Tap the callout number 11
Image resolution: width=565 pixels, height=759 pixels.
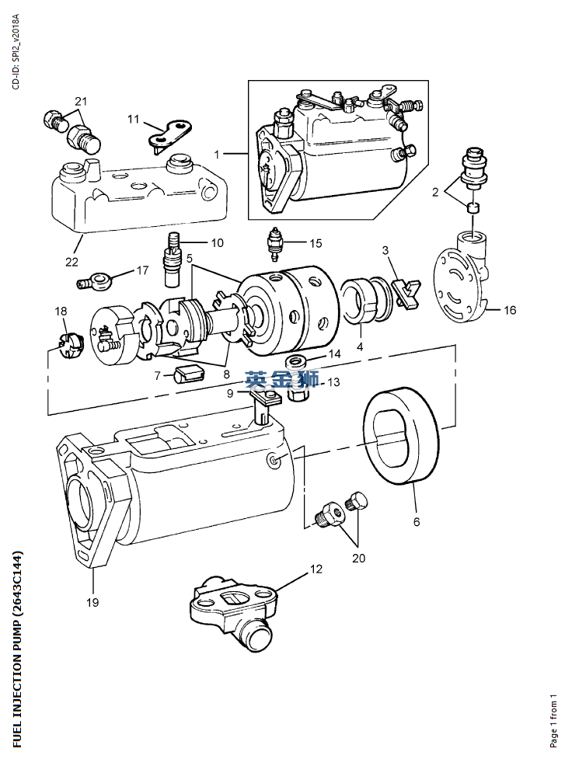[x=134, y=119]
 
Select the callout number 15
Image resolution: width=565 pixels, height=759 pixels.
[x=315, y=243]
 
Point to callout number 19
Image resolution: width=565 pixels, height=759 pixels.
[x=92, y=601]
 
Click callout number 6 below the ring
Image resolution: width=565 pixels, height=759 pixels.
[x=417, y=522]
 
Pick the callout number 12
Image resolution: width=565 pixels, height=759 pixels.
[x=316, y=569]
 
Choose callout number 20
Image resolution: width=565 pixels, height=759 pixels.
[x=358, y=557]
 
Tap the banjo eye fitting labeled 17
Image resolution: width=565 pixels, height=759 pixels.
[x=99, y=278]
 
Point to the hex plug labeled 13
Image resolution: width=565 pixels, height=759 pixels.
[x=298, y=391]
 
